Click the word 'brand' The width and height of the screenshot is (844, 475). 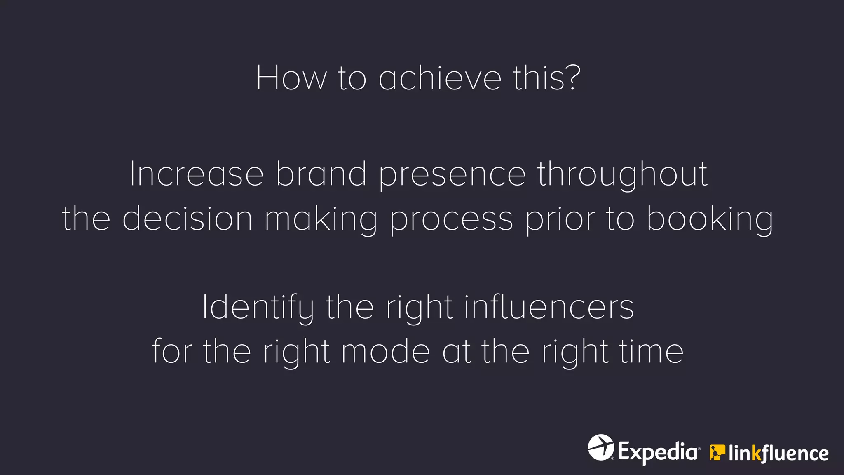coord(321,174)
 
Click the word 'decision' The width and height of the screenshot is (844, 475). coord(188,218)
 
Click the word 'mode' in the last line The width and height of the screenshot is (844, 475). coord(386,351)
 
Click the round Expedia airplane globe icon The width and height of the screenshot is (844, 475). coord(600,447)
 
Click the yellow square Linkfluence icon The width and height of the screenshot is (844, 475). coord(717,452)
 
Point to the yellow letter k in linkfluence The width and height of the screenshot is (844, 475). coord(756,453)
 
